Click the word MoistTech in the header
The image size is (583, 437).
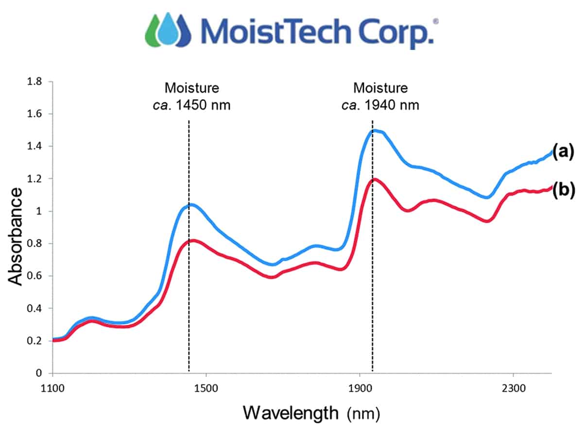[272, 32]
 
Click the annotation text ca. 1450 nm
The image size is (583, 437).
[191, 104]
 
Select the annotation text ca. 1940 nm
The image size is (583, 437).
[380, 104]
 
